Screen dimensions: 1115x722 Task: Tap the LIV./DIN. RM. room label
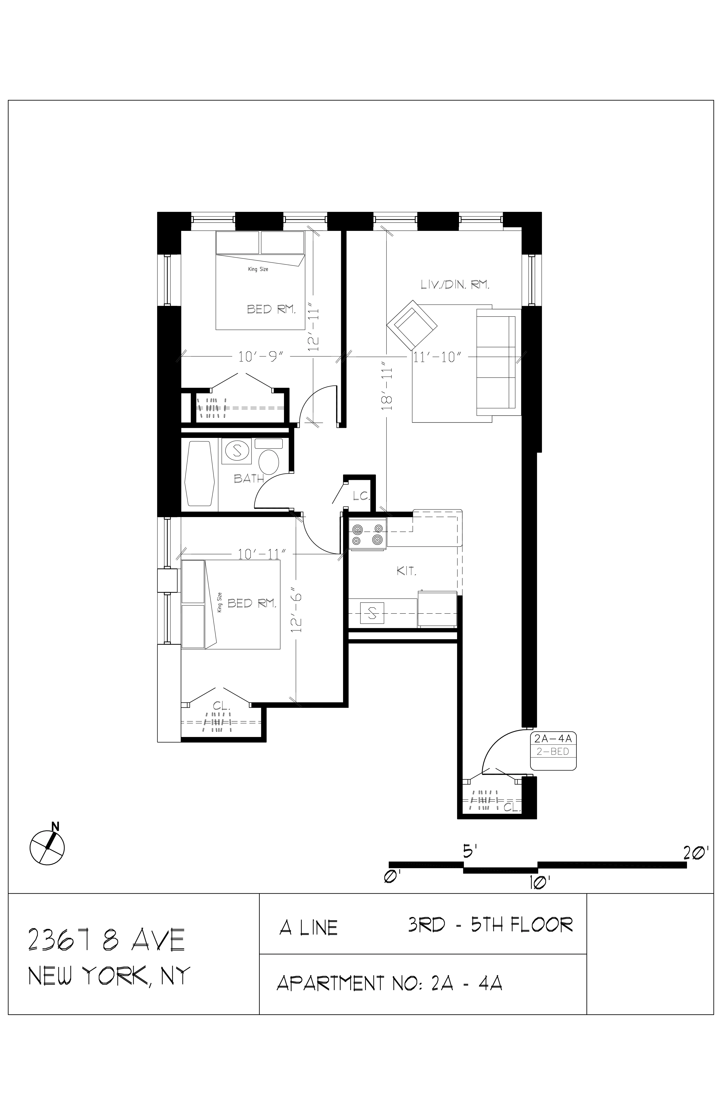(455, 284)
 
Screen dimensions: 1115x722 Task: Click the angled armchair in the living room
(412, 323)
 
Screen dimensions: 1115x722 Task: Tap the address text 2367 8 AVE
(107, 939)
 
